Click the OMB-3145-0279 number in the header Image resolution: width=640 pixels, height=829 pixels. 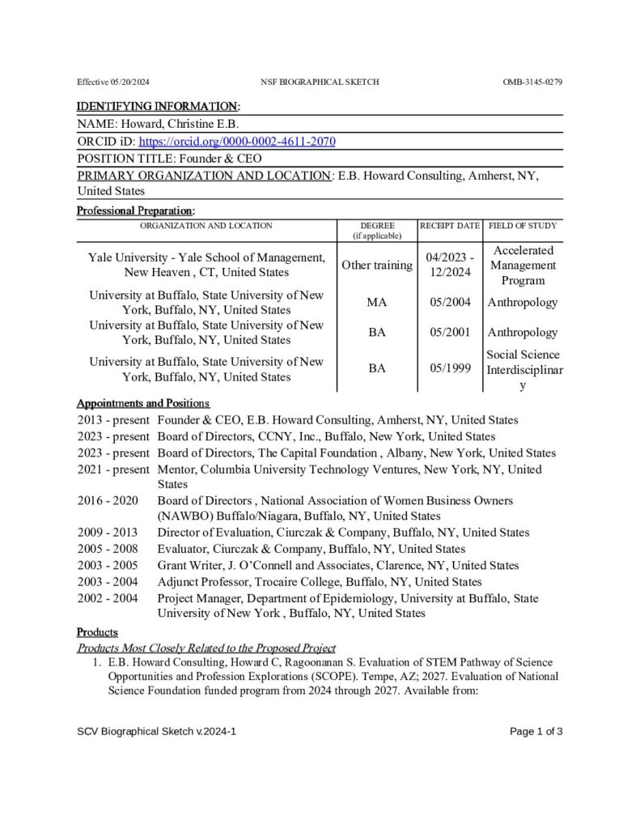532,83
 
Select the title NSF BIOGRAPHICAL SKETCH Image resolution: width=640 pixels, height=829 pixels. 320,83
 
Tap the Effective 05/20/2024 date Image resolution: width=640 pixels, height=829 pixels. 114,83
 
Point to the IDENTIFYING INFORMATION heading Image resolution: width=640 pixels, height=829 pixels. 158,107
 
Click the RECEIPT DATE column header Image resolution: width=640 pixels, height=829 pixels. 450,226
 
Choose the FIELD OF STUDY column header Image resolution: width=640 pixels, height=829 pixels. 523,226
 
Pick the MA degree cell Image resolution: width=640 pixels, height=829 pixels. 376,303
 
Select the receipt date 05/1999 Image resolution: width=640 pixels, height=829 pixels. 450,369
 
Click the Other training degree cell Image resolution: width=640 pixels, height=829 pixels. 376,266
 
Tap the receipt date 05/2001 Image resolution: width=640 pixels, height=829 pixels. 450,333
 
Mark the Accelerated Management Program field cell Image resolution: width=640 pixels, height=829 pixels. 523,266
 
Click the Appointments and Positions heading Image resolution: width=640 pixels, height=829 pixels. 143,403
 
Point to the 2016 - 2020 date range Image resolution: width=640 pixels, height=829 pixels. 108,501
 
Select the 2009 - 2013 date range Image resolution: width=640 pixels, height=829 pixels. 108,533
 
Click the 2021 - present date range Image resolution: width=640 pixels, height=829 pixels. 113,470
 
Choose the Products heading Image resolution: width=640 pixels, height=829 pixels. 97,632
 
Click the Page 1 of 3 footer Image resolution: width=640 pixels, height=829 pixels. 536,732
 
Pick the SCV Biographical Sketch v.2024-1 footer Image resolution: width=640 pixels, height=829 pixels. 157,732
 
